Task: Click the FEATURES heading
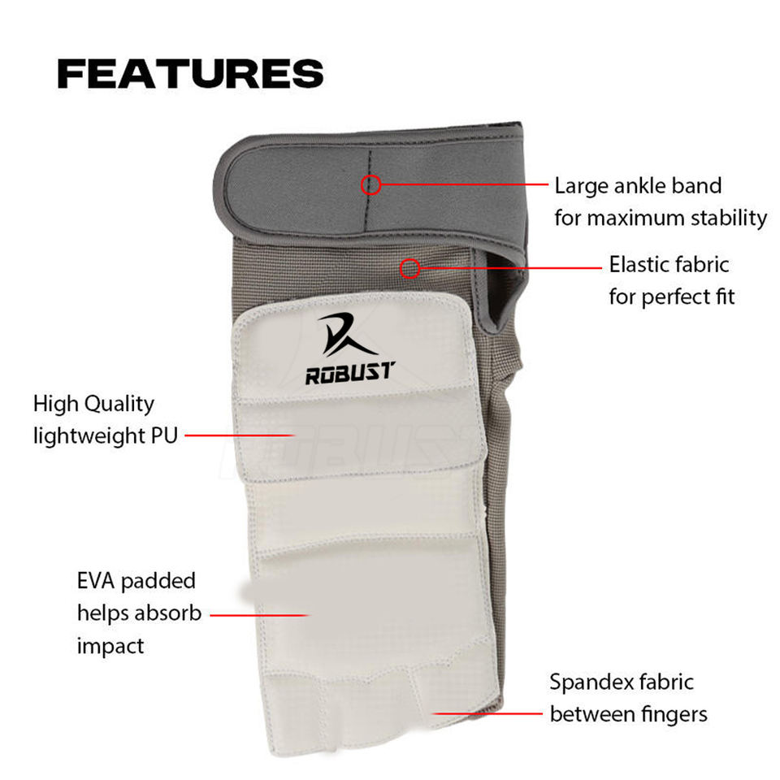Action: (x=190, y=74)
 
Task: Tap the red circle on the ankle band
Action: (x=370, y=184)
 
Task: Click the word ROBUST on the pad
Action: (x=349, y=373)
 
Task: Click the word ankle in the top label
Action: (x=638, y=186)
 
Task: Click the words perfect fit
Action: (x=687, y=296)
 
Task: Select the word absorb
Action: (x=167, y=613)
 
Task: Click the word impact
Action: (x=110, y=646)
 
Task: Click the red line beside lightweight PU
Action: (x=239, y=435)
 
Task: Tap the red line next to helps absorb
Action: (x=260, y=614)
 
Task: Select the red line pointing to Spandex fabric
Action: (x=487, y=714)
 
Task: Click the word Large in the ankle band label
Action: (x=582, y=186)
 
